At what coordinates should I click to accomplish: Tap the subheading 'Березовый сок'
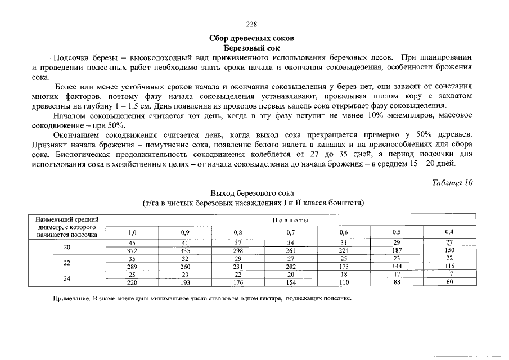tap(252, 48)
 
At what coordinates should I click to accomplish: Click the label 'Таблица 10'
tap(452, 183)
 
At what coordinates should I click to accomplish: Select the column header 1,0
tap(133, 232)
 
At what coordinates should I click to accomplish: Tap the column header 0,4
tap(449, 232)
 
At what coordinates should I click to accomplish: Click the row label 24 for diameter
tap(67, 278)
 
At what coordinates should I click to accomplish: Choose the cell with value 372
tap(133, 251)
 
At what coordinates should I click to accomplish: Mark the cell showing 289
tap(133, 267)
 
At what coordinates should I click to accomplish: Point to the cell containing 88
tap(397, 282)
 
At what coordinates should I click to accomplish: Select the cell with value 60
tap(449, 282)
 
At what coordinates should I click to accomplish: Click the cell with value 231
tap(238, 267)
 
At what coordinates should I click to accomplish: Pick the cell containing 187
tap(397, 251)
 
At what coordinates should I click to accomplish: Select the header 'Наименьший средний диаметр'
tap(67, 219)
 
